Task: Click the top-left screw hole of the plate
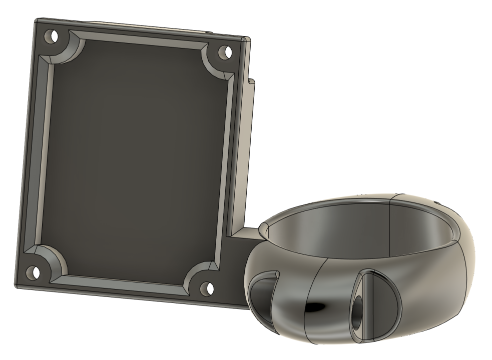49,37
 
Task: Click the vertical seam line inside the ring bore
390,225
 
